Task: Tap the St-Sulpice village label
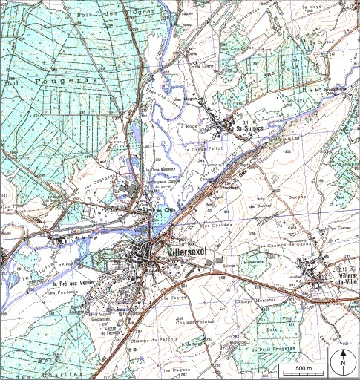pos(251,130)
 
